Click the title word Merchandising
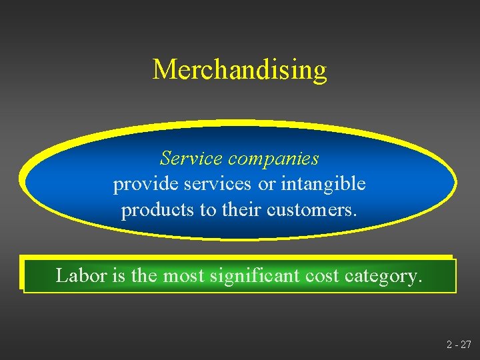click(x=239, y=69)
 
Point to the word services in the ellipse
click(x=211, y=185)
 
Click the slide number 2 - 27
click(x=459, y=345)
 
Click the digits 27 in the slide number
click(x=465, y=345)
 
